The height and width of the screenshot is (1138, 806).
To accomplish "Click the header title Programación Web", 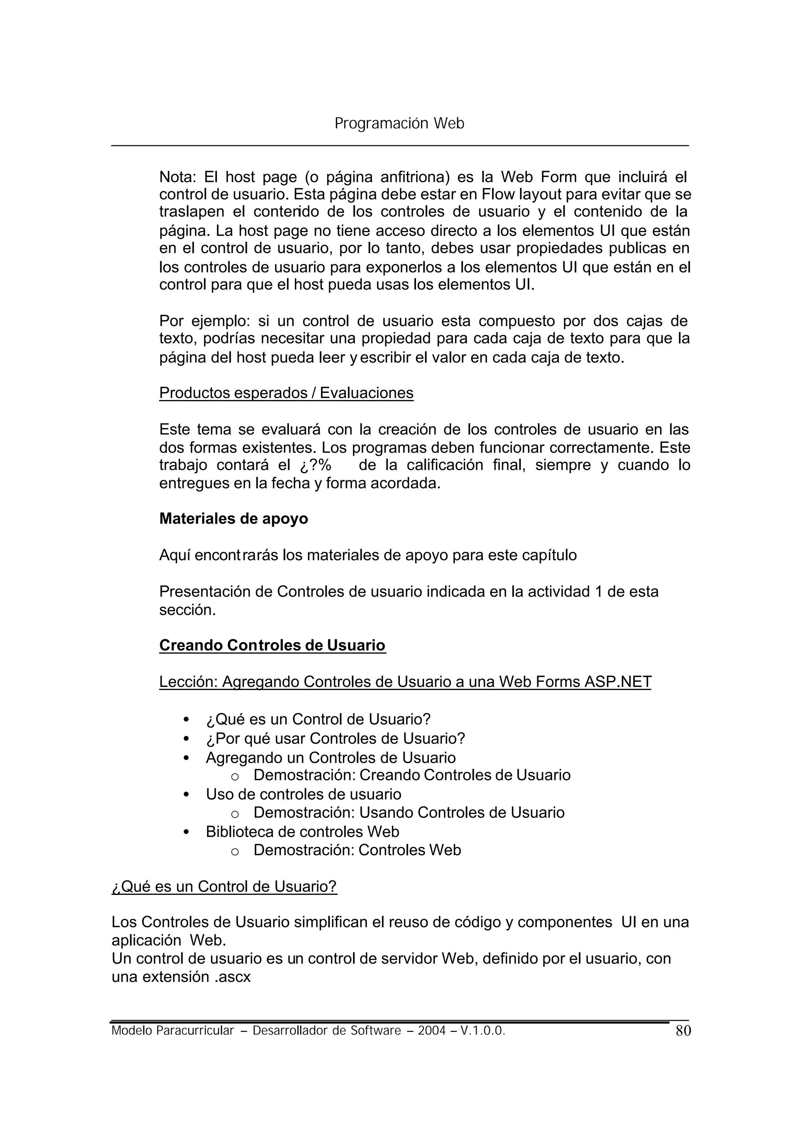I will pyautogui.click(x=399, y=123).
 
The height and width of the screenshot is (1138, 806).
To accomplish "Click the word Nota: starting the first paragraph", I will pyautogui.click(x=177, y=177).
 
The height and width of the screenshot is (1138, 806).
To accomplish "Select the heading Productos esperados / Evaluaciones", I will pyautogui.click(x=286, y=393).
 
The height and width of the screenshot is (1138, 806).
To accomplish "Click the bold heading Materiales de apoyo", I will pyautogui.click(x=233, y=518).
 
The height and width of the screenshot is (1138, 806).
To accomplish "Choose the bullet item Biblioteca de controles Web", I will pyautogui.click(x=302, y=832).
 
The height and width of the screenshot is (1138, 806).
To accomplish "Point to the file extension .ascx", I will pyautogui.click(x=233, y=977).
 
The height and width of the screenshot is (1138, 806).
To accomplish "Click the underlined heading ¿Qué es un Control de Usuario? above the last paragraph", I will pyautogui.click(x=224, y=886).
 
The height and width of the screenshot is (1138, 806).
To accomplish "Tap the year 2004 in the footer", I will pyautogui.click(x=431, y=1031).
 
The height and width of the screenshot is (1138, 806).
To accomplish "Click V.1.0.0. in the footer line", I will pyautogui.click(x=482, y=1031).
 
